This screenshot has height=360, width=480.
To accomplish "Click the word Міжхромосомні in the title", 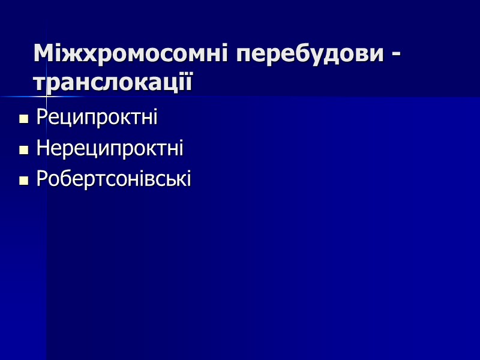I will click(x=131, y=55).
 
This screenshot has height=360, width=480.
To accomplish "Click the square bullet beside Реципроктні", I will click(x=24, y=119).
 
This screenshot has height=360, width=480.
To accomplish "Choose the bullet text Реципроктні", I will click(x=97, y=118).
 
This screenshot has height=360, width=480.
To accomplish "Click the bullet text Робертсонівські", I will click(x=113, y=179).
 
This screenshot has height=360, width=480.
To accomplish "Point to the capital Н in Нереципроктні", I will click(x=42, y=148).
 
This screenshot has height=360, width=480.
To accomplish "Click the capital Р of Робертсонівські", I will click(x=41, y=179).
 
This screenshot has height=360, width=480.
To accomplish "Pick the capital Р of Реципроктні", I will click(x=41, y=117).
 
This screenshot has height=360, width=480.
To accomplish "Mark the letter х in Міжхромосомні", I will click(x=85, y=56).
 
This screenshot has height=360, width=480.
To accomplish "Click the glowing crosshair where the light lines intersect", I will click(x=47, y=96).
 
